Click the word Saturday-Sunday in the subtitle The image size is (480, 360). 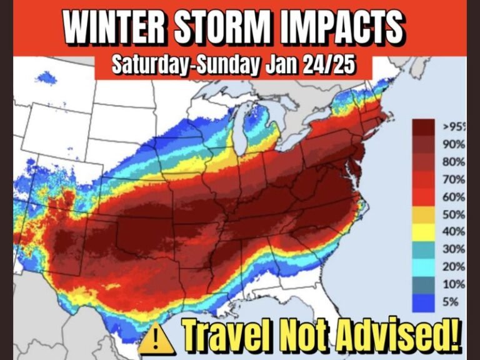click(x=181, y=66)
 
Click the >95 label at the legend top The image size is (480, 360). click(x=454, y=127)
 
